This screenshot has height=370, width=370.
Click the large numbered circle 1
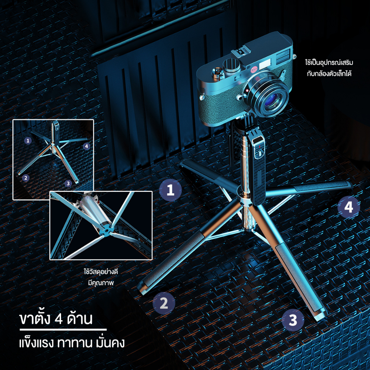click(171, 190)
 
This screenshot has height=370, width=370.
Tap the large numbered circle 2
click(164, 303)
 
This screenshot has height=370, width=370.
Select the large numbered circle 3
click(293, 320)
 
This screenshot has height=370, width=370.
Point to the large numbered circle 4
click(349, 207)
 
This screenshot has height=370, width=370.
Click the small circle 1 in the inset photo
click(28, 141)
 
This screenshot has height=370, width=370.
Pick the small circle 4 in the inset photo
click(87, 146)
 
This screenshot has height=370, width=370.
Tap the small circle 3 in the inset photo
click(68, 183)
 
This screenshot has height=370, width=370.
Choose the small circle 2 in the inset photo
click(26, 178)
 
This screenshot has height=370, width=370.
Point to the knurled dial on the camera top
click(232, 65)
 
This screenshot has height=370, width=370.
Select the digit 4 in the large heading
click(58, 319)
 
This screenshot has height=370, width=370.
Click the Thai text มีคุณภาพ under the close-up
click(101, 283)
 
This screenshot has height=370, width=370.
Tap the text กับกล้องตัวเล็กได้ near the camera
click(329, 74)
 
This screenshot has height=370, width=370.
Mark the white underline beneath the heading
click(63, 330)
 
